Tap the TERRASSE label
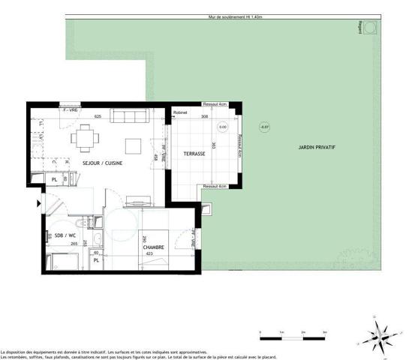point(194,154)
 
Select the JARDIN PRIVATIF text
point(314,147)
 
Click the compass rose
point(381,332)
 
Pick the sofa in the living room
point(131,115)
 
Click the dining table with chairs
point(83,137)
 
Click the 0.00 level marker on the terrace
point(222,127)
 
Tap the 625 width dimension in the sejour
point(97,117)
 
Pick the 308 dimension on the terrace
point(203,117)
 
